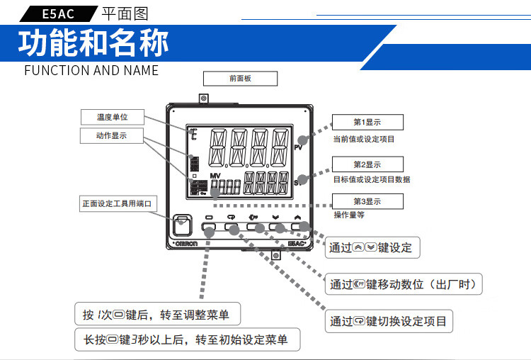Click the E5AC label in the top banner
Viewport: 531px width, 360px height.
coord(56,12)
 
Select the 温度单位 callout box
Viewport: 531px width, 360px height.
coord(112,117)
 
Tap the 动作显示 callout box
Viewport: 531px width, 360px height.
coord(112,135)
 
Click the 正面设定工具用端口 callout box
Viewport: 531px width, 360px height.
coord(117,203)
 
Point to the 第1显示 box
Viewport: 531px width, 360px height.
coord(367,122)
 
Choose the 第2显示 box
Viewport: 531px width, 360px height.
coord(367,164)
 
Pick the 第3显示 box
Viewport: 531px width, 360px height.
coord(367,201)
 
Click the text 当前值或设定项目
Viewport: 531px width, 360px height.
coord(364,140)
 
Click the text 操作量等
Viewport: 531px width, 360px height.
coord(349,214)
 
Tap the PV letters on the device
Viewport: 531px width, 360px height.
coord(298,147)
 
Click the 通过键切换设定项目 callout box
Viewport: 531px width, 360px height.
coord(389,321)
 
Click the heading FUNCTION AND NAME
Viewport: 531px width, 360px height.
coord(91,70)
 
